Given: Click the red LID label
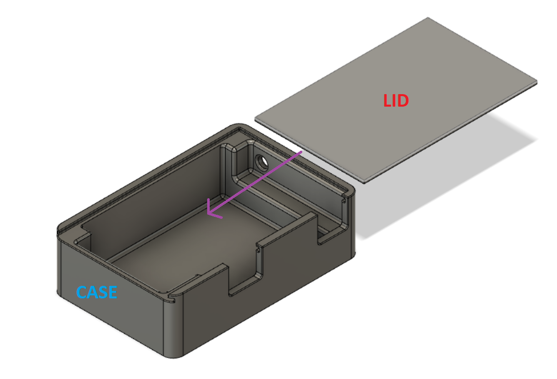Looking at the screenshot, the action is [x=396, y=101].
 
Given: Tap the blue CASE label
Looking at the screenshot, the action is [x=97, y=292].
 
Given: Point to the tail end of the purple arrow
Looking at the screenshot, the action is [x=302, y=152].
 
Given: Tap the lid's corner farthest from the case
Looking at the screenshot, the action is [x=537, y=83].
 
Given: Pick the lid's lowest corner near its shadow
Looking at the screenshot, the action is [x=364, y=182].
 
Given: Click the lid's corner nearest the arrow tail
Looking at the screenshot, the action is [x=255, y=118].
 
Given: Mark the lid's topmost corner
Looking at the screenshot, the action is [x=428, y=18].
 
